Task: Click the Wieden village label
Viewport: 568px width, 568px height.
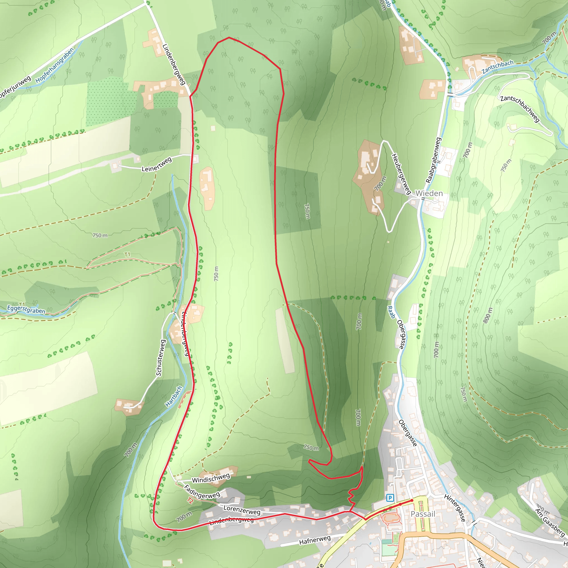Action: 429,194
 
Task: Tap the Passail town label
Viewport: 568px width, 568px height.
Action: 423,514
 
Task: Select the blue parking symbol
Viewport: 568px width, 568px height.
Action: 390,498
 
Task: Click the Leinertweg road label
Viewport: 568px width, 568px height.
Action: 156,165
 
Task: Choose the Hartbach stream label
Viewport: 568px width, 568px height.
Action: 174,396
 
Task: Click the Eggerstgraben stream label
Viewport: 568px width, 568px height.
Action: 26,309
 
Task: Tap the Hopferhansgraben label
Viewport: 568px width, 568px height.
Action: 55,65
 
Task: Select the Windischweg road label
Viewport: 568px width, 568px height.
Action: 211,478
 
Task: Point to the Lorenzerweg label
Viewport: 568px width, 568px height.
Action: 242,510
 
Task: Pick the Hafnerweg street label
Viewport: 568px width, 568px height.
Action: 315,540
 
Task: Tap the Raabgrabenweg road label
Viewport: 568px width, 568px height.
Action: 434,160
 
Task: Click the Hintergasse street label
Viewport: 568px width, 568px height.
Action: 455,508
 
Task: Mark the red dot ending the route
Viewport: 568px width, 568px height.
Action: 412,500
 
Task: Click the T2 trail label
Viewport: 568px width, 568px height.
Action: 190,500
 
